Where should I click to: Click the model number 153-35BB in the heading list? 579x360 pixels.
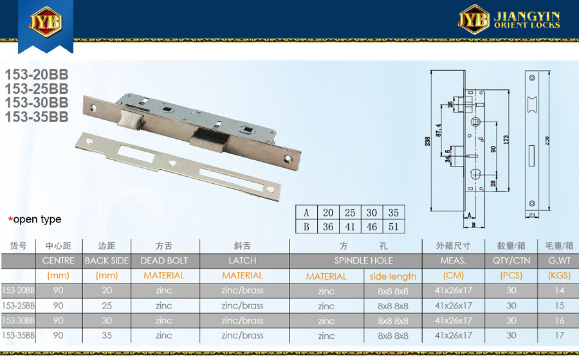coord(37,117)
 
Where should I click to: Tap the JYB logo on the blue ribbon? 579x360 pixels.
coord(46,22)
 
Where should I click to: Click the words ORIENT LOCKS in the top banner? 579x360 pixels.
coord(527,25)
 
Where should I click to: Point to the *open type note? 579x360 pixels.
coord(35,219)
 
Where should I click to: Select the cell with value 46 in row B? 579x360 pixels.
coord(371,226)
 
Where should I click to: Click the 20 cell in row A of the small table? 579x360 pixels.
coord(328,212)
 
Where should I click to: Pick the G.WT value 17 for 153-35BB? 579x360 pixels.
coord(560,336)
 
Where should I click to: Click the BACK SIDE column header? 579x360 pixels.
coord(107,260)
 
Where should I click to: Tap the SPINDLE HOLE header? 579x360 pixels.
coord(363,260)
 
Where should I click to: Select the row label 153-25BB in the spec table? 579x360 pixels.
coord(18,305)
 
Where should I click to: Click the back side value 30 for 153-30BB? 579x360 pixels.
coord(107,321)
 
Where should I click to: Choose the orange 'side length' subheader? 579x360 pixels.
coord(393,276)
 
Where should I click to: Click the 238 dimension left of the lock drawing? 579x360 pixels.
coord(427,141)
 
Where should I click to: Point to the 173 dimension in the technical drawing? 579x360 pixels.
coord(506,139)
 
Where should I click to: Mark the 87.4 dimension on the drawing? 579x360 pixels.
coord(439,130)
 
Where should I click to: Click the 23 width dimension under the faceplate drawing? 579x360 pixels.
coord(532,215)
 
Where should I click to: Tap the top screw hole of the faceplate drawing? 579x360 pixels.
coord(532,78)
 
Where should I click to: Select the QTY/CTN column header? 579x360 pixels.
coord(511,260)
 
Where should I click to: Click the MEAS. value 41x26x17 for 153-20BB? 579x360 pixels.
coord(453,291)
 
